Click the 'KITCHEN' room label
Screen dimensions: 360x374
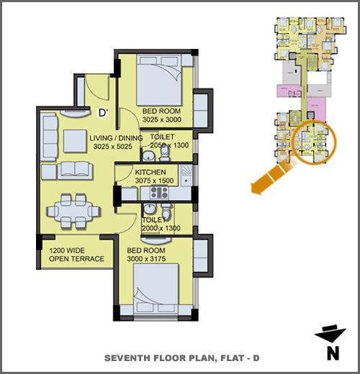[150, 172]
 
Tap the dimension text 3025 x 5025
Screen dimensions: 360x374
[113, 147]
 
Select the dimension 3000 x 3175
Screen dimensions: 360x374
[146, 259]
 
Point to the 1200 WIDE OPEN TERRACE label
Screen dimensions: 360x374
[76, 255]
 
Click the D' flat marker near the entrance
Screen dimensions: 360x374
[103, 113]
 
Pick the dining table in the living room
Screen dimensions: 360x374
[73, 211]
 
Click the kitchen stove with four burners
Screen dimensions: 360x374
[159, 193]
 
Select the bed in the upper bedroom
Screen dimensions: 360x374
[159, 81]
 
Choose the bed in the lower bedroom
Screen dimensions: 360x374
[156, 288]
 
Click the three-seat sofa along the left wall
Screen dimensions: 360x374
[49, 137]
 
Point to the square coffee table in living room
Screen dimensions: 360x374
[75, 141]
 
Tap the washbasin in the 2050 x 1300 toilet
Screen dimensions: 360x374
[148, 156]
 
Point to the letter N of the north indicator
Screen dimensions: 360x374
[333, 354]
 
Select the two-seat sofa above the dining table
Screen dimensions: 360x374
[75, 170]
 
